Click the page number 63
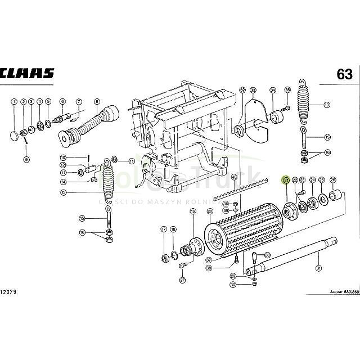(x=345, y=74)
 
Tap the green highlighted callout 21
(x=286, y=180)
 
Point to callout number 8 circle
(x=97, y=102)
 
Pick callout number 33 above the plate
(x=253, y=90)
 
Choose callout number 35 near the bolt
(x=287, y=90)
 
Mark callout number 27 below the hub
(x=182, y=280)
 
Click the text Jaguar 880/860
(x=340, y=294)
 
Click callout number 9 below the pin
(x=26, y=160)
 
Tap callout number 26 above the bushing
(x=333, y=180)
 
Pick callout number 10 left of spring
(x=79, y=157)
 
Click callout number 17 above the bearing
(x=164, y=229)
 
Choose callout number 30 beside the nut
(x=233, y=284)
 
